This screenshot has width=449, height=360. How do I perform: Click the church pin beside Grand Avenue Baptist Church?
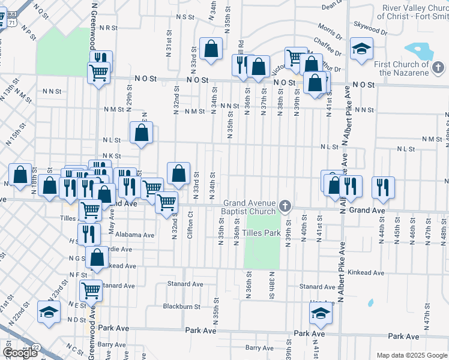(x=285, y=206)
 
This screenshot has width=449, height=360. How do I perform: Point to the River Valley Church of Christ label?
(x=412, y=12)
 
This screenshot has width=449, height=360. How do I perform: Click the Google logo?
(x=20, y=353)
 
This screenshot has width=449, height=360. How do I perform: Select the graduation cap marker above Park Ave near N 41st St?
(x=321, y=313)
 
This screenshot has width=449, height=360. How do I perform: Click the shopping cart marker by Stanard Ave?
(x=91, y=290)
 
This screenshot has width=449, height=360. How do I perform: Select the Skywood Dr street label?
(x=371, y=28)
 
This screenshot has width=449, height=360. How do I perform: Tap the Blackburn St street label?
(x=181, y=306)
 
